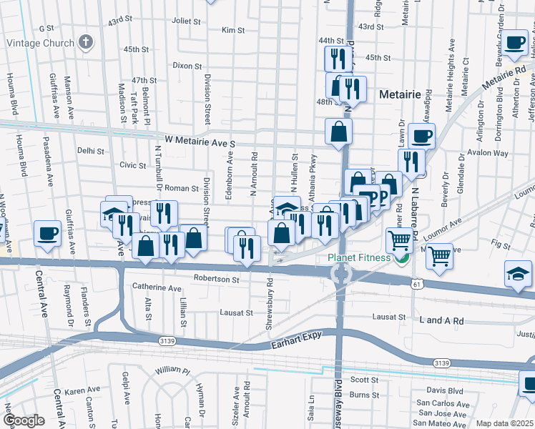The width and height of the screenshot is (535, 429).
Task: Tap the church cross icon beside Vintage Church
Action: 86,42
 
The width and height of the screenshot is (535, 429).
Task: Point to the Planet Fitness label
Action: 359,258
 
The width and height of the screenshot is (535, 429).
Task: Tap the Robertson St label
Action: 216,278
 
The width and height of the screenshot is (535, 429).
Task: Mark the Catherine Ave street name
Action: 157,288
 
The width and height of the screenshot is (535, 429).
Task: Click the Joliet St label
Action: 186,21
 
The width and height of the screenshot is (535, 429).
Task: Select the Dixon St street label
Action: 187,65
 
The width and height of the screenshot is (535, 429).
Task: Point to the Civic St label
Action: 133,165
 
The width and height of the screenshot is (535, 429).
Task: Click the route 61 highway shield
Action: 415,284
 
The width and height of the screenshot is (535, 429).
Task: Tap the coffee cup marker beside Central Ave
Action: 48,233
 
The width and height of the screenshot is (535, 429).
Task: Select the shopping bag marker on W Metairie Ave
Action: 338,132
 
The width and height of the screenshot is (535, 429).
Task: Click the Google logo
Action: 24,420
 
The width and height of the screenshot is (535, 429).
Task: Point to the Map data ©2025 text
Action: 504,423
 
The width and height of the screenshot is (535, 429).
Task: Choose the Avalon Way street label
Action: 487,153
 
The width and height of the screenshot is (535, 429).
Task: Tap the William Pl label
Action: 172,372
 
